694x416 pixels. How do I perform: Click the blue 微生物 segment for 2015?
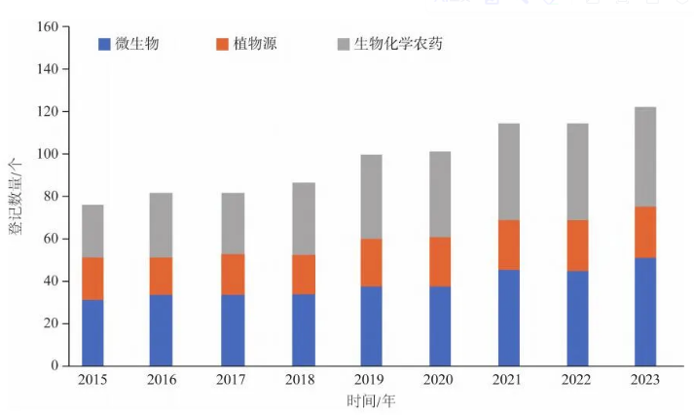pyautogui.click(x=92, y=332)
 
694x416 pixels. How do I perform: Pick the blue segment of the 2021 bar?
pyautogui.click(x=508, y=318)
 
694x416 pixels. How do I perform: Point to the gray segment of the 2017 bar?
pyautogui.click(x=232, y=223)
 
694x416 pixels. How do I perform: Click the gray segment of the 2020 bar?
pyautogui.click(x=440, y=194)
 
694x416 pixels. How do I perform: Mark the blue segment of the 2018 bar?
pyautogui.click(x=303, y=329)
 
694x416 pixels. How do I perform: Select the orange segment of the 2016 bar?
pyautogui.click(x=161, y=276)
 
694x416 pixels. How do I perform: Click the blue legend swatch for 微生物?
pyautogui.click(x=104, y=44)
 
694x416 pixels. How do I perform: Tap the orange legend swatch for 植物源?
pyautogui.click(x=223, y=44)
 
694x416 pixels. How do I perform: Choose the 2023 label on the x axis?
pyautogui.click(x=644, y=380)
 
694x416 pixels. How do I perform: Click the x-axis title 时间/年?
pyautogui.click(x=369, y=400)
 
